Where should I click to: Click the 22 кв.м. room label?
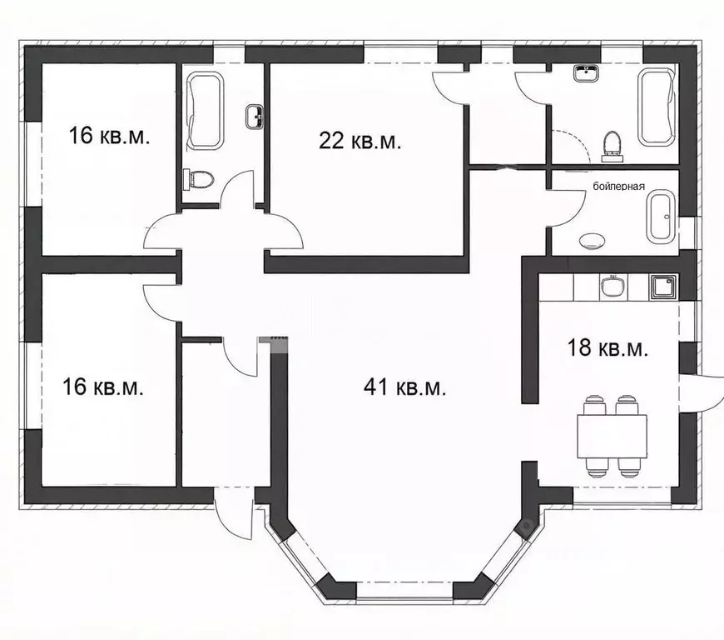(x=360, y=140)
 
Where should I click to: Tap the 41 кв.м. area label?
(x=405, y=387)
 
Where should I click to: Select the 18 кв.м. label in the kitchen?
(x=607, y=347)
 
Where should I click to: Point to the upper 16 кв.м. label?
(x=109, y=136)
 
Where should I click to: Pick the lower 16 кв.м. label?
(x=103, y=387)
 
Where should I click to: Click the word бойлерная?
(x=618, y=187)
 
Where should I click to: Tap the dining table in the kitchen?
(x=612, y=436)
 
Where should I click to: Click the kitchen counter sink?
(x=613, y=286)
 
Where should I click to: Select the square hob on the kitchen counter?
(x=664, y=287)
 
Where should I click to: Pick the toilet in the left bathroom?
(x=199, y=179)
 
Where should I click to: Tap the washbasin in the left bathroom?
(x=255, y=117)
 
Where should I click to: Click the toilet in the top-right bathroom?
(x=612, y=147)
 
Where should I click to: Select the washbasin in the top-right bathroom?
(x=587, y=73)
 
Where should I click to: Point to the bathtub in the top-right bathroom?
(x=657, y=107)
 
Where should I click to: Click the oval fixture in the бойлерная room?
(x=593, y=241)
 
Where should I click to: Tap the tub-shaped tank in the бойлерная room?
(x=661, y=217)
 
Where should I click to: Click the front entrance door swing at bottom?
(x=234, y=513)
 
